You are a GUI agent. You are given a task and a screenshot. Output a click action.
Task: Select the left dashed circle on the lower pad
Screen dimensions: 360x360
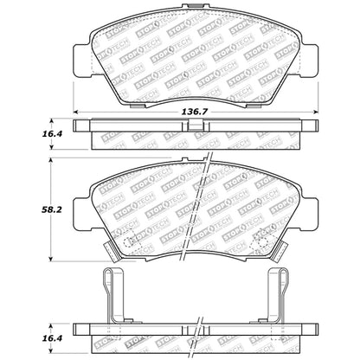tap(127, 242)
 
